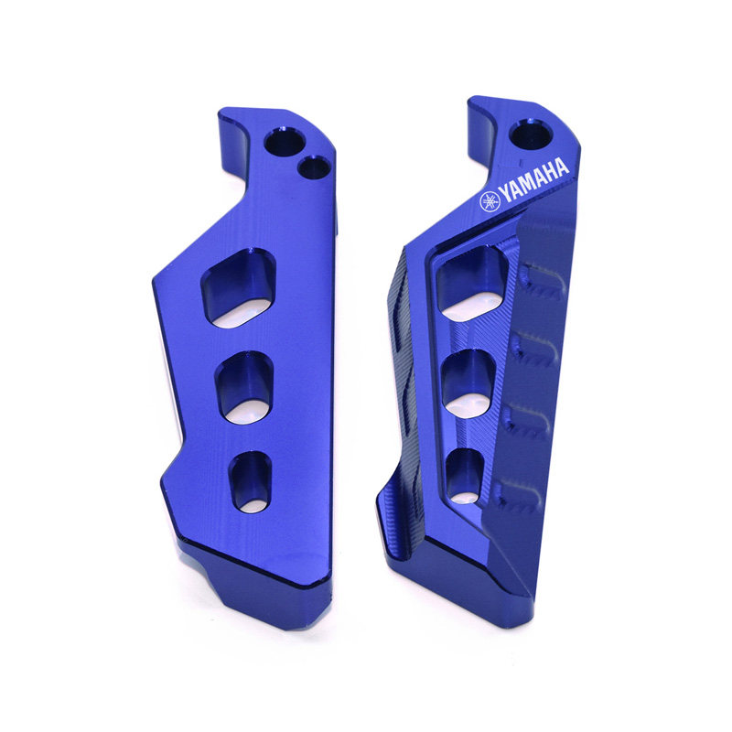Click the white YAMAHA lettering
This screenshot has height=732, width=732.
tap(534, 179)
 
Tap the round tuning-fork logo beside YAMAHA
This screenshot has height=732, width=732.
tap(490, 201)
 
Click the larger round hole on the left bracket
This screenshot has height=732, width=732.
tap(285, 142)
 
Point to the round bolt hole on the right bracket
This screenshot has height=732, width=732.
tap(531, 134)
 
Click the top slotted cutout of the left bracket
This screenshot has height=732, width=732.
tap(239, 288)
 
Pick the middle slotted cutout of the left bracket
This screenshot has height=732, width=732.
tap(244, 388)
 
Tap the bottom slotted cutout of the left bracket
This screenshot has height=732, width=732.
tap(251, 482)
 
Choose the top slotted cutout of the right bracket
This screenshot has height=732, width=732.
tap(472, 283)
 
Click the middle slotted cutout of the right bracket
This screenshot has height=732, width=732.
tap(468, 383)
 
